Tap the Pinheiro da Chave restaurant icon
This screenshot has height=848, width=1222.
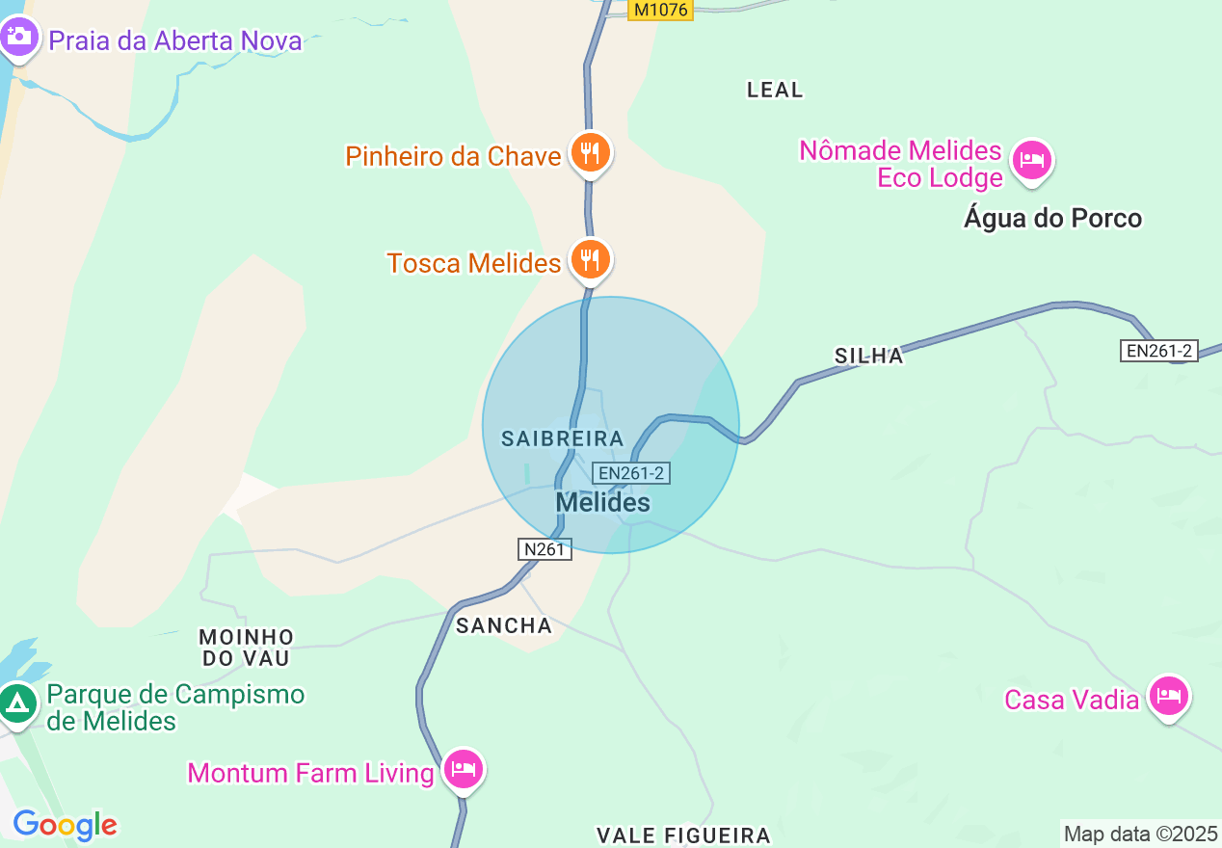[589, 152]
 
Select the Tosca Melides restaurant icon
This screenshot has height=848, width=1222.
[589, 259]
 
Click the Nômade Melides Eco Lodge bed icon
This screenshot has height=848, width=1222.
[1032, 159]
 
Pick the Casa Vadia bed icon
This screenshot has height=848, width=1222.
[1169, 695]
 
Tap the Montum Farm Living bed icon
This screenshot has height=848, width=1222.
[464, 769]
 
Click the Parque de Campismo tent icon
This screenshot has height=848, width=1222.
[17, 703]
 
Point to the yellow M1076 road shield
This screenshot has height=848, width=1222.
[661, 10]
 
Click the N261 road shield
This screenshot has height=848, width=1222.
[545, 549]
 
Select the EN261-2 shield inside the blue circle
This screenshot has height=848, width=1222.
[630, 473]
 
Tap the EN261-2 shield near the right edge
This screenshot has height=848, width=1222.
[1160, 351]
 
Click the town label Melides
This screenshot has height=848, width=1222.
[603, 502]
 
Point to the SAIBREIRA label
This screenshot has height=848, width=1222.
[563, 438]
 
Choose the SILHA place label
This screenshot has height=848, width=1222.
[869, 356]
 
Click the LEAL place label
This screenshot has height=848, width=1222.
[775, 90]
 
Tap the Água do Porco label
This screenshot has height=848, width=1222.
[1052, 219]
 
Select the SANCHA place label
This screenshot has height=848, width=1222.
[504, 625]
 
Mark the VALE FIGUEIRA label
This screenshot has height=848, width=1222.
[683, 835]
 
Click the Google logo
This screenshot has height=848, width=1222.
[65, 825]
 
